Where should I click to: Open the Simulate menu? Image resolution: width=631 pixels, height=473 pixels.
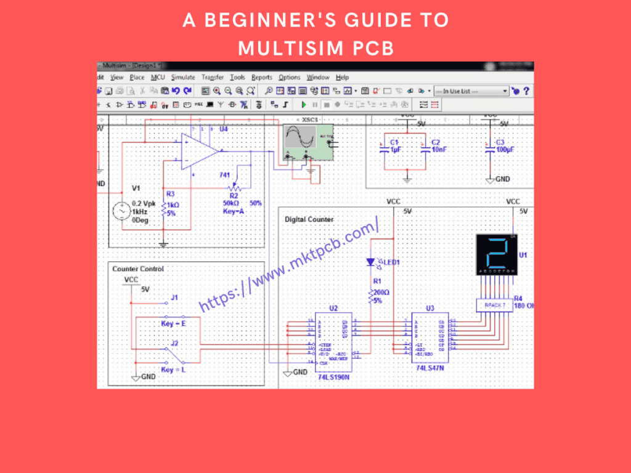click(183, 78)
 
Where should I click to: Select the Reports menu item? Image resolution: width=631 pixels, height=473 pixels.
click(261, 78)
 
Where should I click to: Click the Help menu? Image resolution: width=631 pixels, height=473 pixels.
click(343, 78)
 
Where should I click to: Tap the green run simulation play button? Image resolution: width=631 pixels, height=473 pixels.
click(304, 105)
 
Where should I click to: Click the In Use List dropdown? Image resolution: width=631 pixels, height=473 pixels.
click(471, 91)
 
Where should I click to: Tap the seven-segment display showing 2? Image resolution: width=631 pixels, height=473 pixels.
click(498, 253)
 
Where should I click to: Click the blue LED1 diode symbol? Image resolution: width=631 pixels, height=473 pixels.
click(370, 262)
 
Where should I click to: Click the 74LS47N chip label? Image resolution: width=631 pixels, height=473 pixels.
click(429, 368)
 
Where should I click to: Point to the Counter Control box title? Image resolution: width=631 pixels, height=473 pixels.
click(138, 269)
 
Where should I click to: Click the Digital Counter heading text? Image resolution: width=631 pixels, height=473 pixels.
click(309, 219)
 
